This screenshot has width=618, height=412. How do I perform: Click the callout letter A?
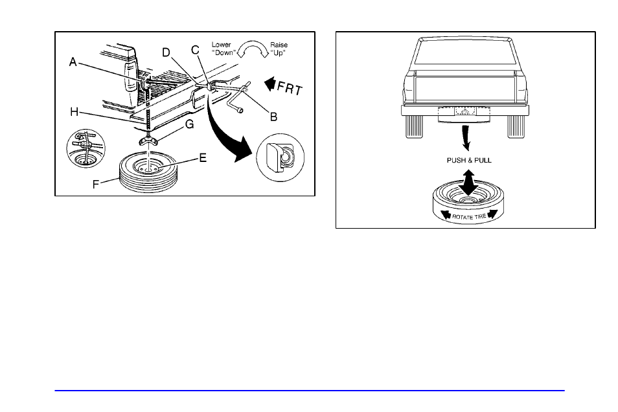(73, 62)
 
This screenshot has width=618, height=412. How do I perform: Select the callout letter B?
(273, 117)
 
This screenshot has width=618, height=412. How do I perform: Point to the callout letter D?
(166, 51)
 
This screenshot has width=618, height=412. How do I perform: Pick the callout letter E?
(202, 157)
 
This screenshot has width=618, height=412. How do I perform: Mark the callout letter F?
(96, 183)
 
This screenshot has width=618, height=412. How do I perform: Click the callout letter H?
(75, 111)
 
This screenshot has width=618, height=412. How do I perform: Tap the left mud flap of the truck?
(416, 126)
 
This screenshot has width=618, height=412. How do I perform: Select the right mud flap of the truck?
(517, 126)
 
